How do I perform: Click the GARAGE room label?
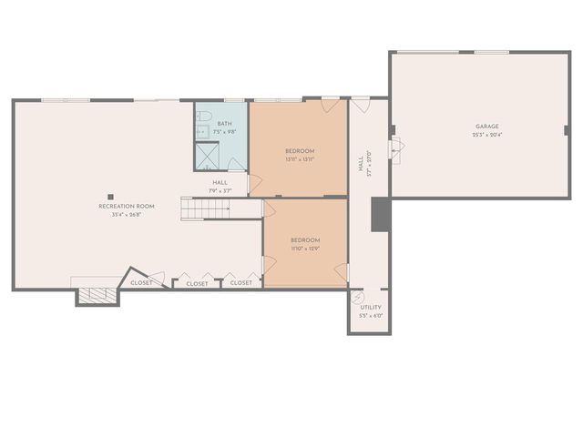(x=486, y=127)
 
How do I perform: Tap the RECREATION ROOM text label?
(x=127, y=207)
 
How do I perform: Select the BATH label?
(x=224, y=125)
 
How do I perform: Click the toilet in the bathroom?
(x=205, y=117)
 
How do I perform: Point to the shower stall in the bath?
(x=209, y=157)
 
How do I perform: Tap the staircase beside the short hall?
(x=204, y=209)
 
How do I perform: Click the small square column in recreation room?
(x=110, y=195)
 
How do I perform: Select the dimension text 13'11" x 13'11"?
(x=300, y=159)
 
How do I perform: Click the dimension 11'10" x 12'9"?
(x=305, y=249)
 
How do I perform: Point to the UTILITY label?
(x=371, y=308)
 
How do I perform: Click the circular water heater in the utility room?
(x=358, y=298)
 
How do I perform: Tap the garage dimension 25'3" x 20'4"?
(x=486, y=135)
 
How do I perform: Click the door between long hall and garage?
(x=394, y=148)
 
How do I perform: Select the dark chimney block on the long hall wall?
(x=381, y=215)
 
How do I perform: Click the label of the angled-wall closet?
(x=141, y=283)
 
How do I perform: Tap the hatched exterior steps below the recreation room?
(x=96, y=295)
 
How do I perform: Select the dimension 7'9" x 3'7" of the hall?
(x=220, y=190)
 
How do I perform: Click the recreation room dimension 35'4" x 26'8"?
(x=127, y=215)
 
